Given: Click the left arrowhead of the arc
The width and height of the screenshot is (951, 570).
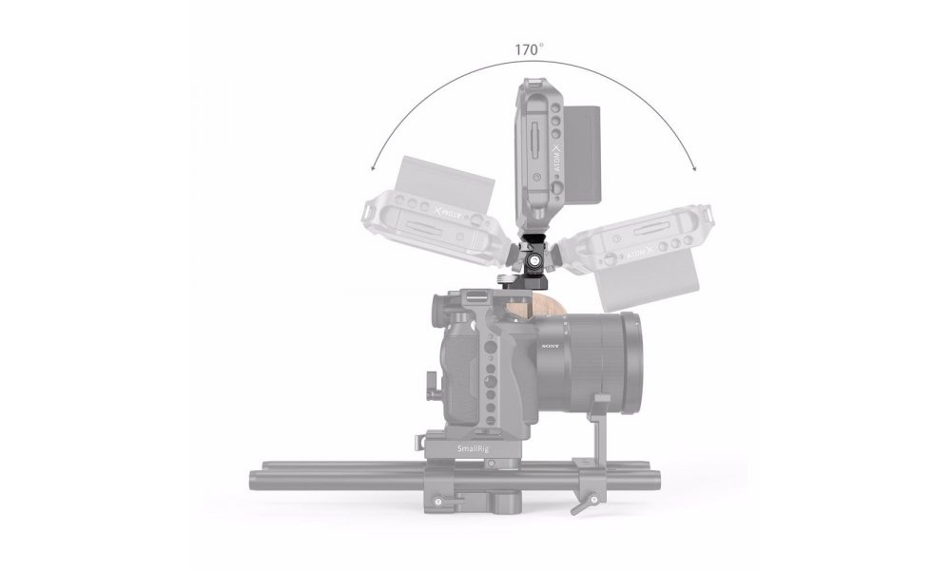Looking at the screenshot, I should (373, 169).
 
